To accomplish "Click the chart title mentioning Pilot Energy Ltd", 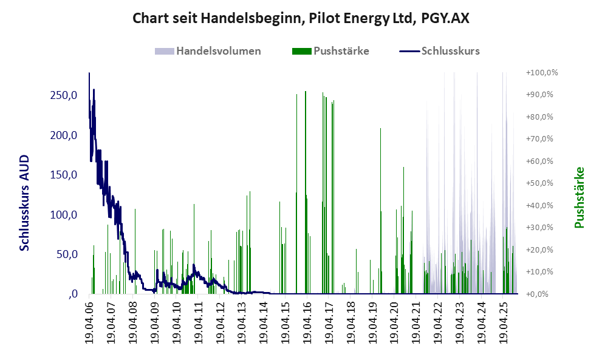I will tap(301, 19).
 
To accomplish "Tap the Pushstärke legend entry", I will tap(341, 51).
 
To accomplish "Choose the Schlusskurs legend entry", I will tap(451, 51).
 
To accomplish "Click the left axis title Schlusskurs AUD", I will tap(25, 203).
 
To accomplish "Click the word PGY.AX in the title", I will tap(445, 19).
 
